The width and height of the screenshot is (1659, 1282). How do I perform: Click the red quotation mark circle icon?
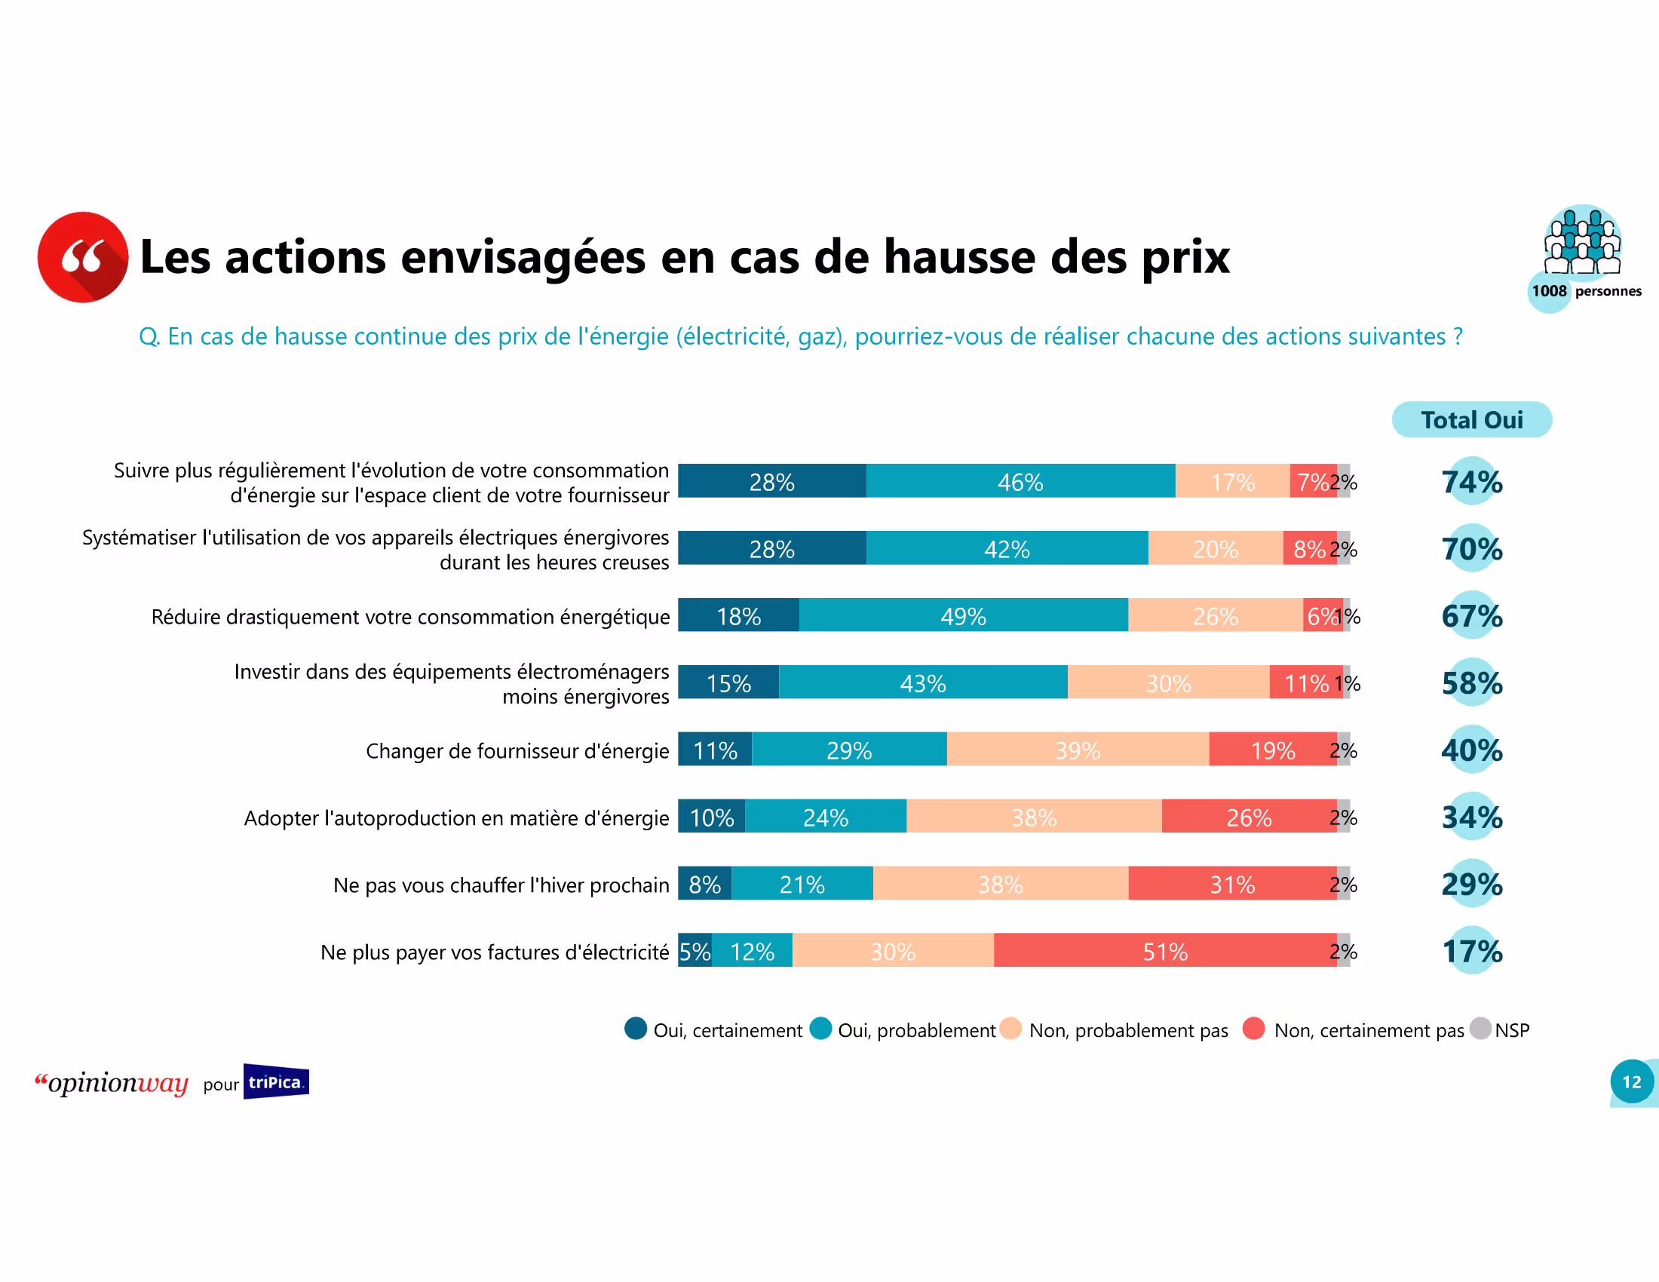[x=83, y=256]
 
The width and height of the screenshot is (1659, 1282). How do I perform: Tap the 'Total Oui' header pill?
[x=1470, y=419]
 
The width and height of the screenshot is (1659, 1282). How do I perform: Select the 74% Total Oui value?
[x=1471, y=482]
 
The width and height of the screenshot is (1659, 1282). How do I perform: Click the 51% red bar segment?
[x=1164, y=950]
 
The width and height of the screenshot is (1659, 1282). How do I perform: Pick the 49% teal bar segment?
[x=962, y=615]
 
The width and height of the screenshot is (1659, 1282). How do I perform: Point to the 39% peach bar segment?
[x=1077, y=750]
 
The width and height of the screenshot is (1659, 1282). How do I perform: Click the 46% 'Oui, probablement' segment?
[x=1020, y=482]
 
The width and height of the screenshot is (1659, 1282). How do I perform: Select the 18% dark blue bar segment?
[x=738, y=615]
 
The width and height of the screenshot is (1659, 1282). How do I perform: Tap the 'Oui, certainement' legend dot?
[x=636, y=1029]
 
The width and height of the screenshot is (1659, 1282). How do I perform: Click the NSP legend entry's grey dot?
[x=1480, y=1029]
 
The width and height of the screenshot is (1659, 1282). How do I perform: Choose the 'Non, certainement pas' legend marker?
[x=1253, y=1029]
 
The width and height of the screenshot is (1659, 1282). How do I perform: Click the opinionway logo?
[x=112, y=1082]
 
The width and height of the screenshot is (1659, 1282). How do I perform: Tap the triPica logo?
[x=276, y=1081]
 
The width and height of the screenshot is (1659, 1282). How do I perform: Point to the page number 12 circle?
[x=1631, y=1081]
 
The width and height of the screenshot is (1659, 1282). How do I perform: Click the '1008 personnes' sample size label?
[x=1585, y=291]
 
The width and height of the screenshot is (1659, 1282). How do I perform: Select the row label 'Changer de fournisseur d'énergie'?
[x=517, y=750]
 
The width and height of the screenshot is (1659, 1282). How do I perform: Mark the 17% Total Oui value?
[x=1471, y=950]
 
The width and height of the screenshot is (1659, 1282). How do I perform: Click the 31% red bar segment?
[x=1231, y=883]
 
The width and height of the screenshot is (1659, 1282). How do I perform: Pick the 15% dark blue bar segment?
[x=728, y=682]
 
